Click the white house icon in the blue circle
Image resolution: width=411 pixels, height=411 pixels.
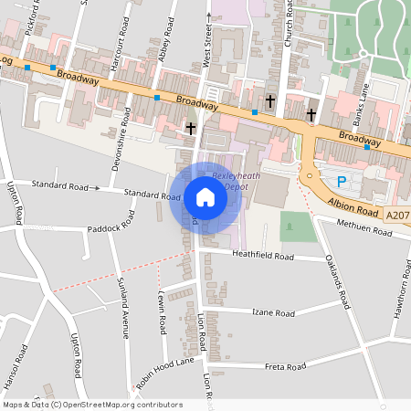(205, 197)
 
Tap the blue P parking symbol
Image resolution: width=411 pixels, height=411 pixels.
(342, 182)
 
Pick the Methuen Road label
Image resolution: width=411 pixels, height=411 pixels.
(364, 228)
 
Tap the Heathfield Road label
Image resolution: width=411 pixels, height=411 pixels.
(265, 258)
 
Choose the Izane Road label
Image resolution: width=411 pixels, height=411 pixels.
(274, 312)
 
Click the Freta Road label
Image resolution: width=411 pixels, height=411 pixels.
(284, 367)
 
